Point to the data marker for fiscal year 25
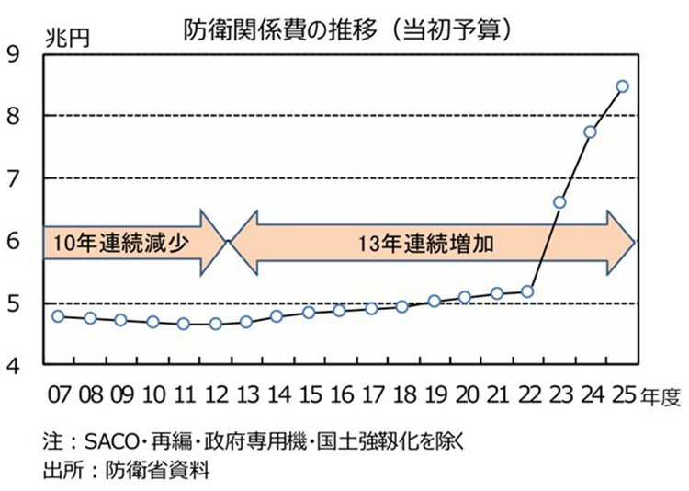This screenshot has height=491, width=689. (x=622, y=86)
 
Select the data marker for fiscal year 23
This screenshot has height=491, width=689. (x=559, y=202)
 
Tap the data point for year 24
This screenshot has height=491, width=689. (x=591, y=131)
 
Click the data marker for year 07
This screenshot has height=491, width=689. (x=58, y=316)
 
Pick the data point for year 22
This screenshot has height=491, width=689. (x=527, y=291)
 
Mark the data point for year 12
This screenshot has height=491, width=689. (x=215, y=324)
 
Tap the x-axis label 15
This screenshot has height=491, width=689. (x=309, y=397)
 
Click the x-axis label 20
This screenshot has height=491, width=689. (x=465, y=397)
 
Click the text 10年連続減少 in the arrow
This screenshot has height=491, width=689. (x=109, y=244)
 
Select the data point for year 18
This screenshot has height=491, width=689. (x=402, y=306)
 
